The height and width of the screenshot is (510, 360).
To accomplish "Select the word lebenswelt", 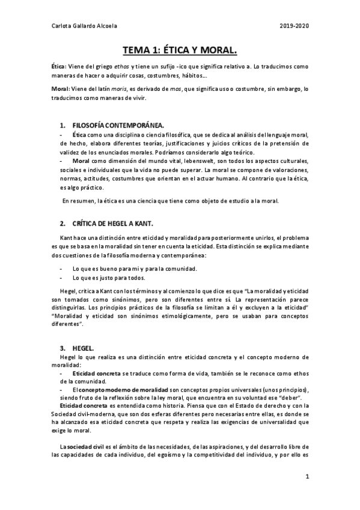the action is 192,162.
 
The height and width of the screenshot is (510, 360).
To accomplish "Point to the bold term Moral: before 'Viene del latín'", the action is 61,89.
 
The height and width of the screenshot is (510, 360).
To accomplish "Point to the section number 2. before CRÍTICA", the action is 63,222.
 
